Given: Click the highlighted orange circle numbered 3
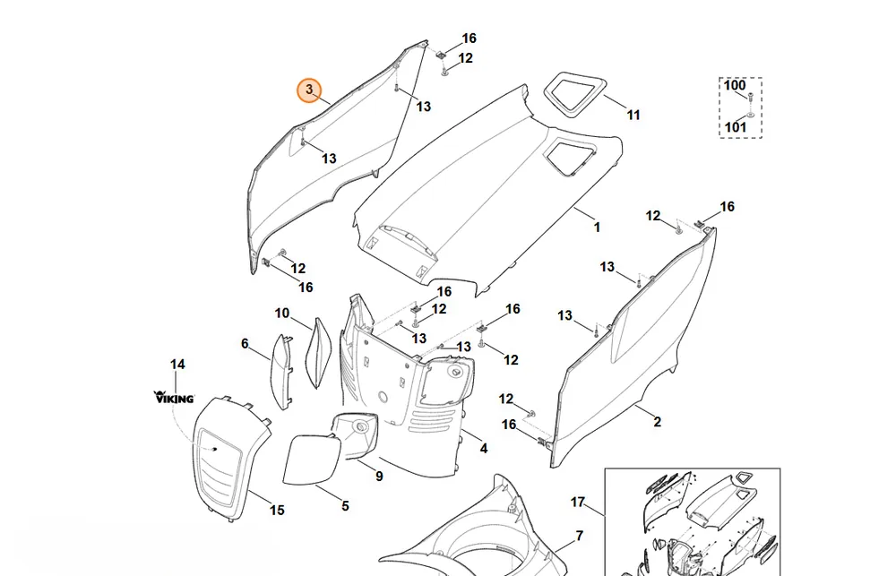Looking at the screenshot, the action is click(309, 90).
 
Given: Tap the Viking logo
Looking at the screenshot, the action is click(175, 397).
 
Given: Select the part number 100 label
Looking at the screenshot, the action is click(735, 86).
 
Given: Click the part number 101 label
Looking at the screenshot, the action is click(736, 127).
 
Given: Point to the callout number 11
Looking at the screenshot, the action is click(633, 115).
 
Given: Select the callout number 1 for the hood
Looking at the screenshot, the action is click(597, 228).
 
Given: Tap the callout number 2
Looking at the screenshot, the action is click(657, 422).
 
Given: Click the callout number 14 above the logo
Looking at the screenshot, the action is click(177, 364).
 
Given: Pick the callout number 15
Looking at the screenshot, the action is click(277, 510).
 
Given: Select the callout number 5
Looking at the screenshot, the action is click(345, 506).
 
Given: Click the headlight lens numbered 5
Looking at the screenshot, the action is click(312, 460).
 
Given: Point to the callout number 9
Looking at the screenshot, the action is click(379, 476).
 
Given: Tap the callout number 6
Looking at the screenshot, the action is click(245, 343).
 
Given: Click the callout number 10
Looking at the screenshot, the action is click(282, 314).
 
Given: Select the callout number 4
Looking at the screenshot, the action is click(484, 449).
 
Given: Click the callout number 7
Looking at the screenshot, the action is click(580, 536).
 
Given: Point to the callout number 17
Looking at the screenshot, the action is click(578, 503).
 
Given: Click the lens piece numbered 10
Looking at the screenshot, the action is click(319, 353).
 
